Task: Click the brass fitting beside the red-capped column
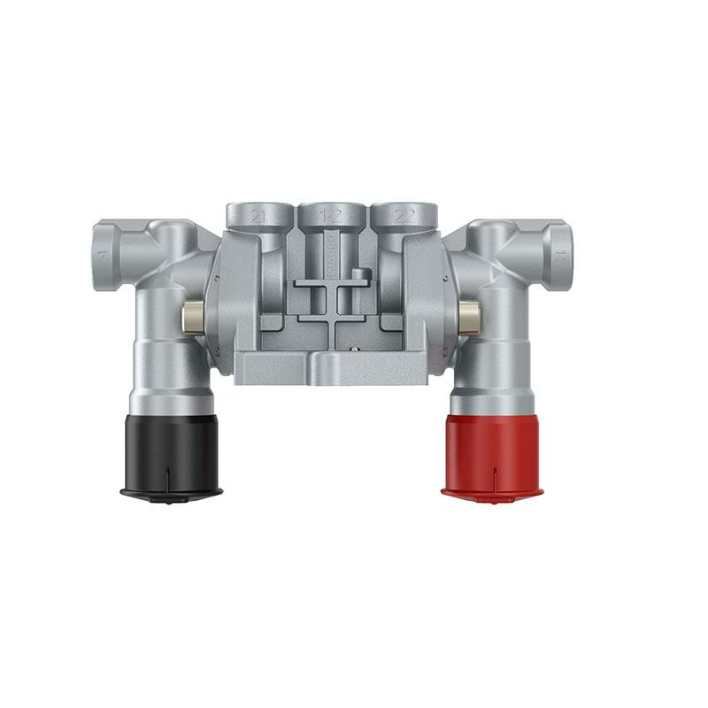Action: point(468,313)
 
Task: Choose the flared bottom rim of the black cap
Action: point(172,490)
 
